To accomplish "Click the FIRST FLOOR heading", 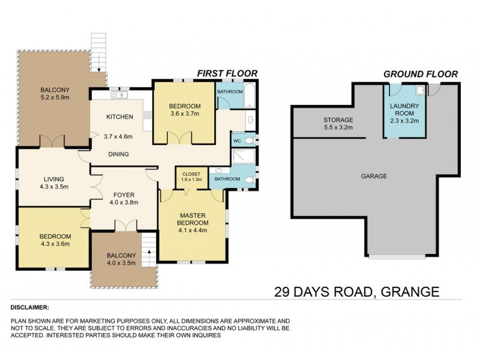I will point(227,73).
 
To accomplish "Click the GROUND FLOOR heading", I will point(421,74).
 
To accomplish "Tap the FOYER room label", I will point(122,194).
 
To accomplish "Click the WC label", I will point(237,140).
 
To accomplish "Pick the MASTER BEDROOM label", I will point(193,220).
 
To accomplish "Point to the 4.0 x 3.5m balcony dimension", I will point(122,263).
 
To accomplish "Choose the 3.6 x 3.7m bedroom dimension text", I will point(185,114).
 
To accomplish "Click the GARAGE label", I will point(373,176).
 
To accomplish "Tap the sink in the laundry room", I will point(420,91).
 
